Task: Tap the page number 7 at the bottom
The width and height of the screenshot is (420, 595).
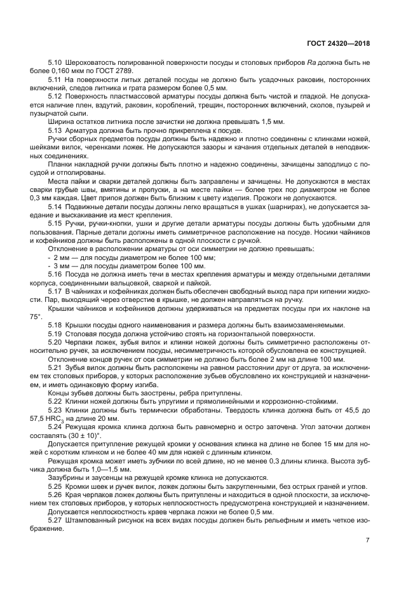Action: click(x=367, y=540)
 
